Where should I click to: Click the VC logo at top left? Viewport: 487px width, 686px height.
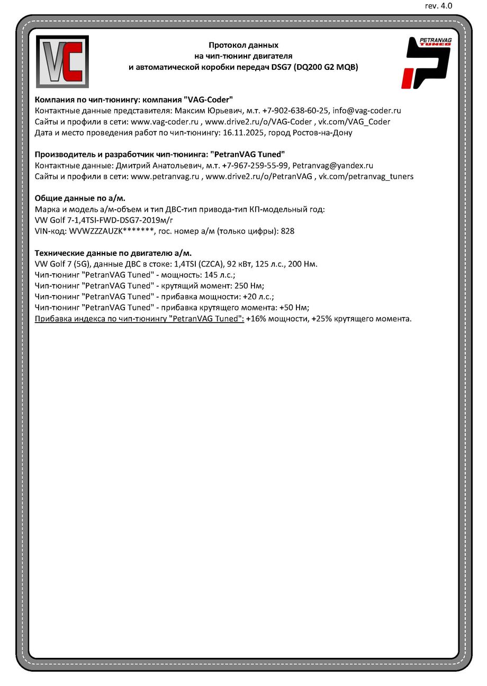pos(62,61)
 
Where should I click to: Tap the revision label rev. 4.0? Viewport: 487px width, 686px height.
pos(439,6)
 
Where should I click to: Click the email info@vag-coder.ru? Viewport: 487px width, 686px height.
pos(366,111)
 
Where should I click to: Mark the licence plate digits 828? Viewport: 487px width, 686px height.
pos(287,231)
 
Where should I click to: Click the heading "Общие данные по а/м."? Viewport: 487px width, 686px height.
pos(80,198)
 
